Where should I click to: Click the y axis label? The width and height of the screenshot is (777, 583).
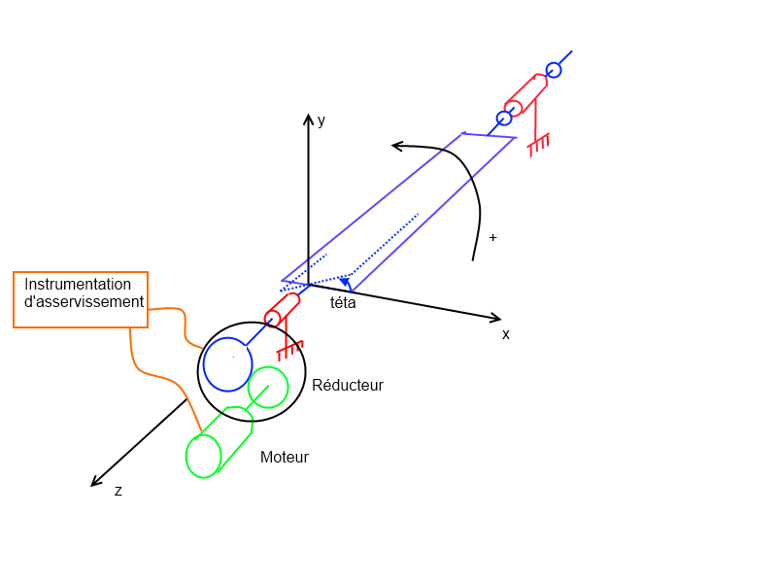point(321,121)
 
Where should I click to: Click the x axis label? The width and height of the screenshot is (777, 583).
point(506,334)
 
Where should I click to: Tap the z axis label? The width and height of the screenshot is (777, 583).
point(118,492)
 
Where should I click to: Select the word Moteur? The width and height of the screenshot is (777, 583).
point(285,458)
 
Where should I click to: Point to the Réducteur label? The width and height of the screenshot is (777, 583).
point(348,386)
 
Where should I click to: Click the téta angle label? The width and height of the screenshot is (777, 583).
point(343,303)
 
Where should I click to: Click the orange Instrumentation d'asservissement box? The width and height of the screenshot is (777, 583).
point(81,299)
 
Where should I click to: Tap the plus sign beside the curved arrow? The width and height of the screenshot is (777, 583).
point(493,237)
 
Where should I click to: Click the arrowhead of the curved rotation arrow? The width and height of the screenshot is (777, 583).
point(397,147)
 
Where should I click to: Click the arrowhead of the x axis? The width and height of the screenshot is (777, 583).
point(496,318)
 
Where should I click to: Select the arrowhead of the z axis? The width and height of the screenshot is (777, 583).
point(96,481)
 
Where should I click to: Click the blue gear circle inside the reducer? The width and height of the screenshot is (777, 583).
point(228,362)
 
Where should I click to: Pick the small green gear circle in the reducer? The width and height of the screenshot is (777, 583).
point(268,387)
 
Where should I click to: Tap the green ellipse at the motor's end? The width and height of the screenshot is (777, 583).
point(203,456)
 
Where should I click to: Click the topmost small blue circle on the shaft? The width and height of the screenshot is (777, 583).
point(554,70)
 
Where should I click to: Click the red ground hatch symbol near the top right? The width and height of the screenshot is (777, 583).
point(538,143)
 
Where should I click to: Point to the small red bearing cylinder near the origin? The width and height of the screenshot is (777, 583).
point(273,319)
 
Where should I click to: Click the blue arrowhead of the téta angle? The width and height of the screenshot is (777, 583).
point(344,283)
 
